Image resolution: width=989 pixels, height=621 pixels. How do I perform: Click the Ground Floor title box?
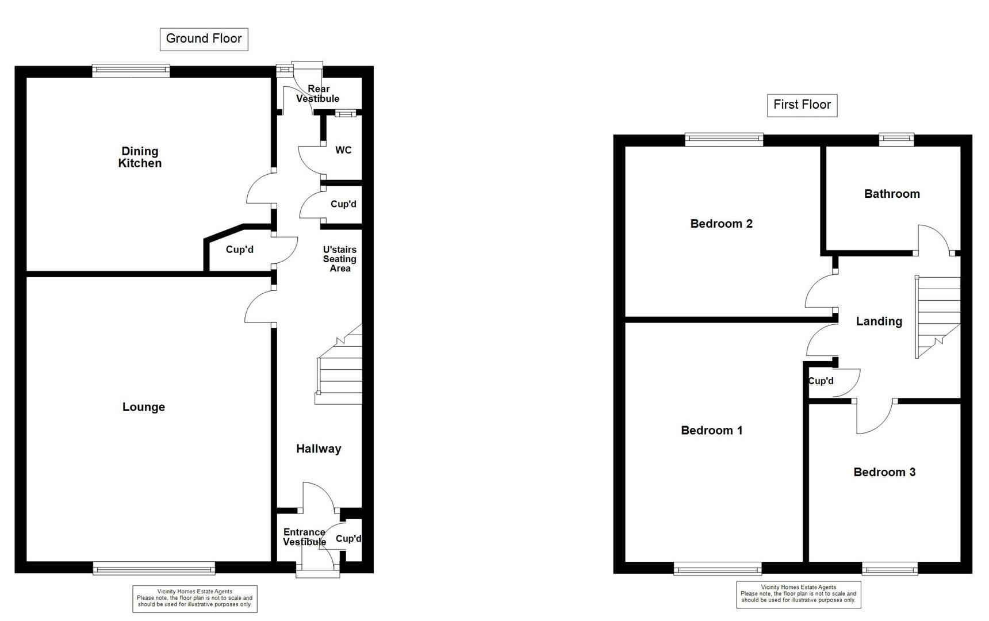coord(204,39)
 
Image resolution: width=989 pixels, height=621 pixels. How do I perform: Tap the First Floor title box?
coord(802,105)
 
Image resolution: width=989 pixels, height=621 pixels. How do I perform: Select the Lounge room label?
coord(144,407)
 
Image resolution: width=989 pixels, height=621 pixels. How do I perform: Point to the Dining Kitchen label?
coord(140,157)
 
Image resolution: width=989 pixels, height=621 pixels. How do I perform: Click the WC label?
coord(343,150)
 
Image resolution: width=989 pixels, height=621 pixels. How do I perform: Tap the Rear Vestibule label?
coord(318,94)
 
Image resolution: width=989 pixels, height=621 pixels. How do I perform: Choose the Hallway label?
coord(319,449)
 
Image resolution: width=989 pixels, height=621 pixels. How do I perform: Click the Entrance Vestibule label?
coord(305,537)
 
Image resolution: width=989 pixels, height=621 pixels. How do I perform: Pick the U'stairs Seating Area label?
coord(340,259)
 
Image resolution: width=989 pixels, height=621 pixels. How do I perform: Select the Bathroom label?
coord(892,194)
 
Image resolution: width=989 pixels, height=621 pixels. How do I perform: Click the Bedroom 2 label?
coord(722,224)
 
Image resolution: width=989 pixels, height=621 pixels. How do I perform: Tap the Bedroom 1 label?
coord(712,430)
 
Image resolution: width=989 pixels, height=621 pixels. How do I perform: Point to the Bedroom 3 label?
coord(884,472)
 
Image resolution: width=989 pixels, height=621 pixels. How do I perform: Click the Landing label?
coord(879,321)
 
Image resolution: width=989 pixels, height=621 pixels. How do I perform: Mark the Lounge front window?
coord(154,569)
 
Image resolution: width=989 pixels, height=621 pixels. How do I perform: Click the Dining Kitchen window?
coord(131,71)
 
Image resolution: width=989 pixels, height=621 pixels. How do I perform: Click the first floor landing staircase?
coord(937,317)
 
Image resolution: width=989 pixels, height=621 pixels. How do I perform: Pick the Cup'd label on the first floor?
coord(821,381)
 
